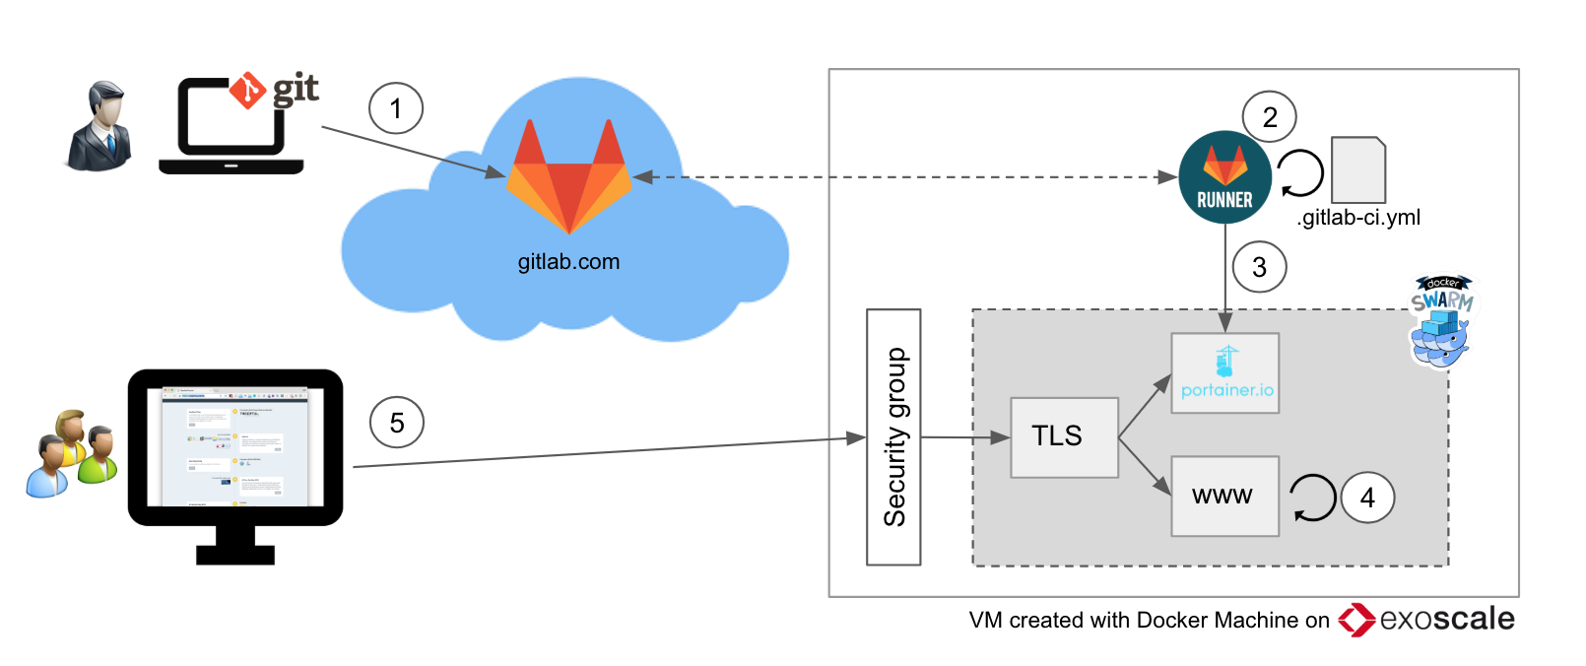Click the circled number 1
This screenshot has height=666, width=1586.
[x=396, y=108]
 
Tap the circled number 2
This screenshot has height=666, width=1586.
[x=1270, y=117]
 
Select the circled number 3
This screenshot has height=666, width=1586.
[x=1259, y=267]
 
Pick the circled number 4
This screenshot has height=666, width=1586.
[x=1367, y=498]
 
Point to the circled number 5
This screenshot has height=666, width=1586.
[x=397, y=422]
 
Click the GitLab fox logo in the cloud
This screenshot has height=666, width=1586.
[x=569, y=177]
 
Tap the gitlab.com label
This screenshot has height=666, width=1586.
[x=568, y=262]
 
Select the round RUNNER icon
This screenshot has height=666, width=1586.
[x=1224, y=177]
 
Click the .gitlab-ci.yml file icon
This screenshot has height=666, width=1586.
[x=1358, y=170]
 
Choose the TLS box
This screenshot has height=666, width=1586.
[x=1064, y=437]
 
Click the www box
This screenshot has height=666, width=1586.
[x=1224, y=496]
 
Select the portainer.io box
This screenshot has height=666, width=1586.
[x=1224, y=372]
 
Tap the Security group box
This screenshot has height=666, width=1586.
[x=893, y=436]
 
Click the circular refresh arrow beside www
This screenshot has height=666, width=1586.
[x=1312, y=498]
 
